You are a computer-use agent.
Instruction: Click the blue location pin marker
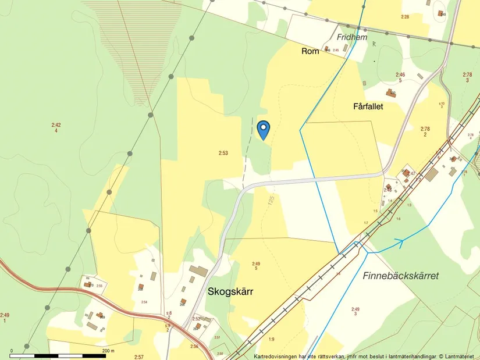pos(264,129)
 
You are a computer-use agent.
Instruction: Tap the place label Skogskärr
pos(230,292)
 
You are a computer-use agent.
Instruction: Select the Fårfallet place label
pos(368,106)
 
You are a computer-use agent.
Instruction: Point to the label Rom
pos(310,52)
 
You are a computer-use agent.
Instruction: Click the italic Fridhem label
pos(352,37)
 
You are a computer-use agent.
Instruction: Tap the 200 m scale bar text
pos(109,351)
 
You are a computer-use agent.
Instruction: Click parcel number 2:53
pos(223,153)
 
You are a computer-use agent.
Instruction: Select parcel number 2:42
pos(56,124)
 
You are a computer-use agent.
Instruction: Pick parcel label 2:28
pos(405,16)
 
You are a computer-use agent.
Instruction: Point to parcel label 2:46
pos(400,74)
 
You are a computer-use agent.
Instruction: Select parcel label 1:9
pos(271,339)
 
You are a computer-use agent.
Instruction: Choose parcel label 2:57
pos(138,357)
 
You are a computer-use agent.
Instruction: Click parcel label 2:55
pos(99,286)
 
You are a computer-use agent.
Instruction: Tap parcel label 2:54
pos(144,302)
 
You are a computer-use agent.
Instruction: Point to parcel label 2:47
pos(411,173)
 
